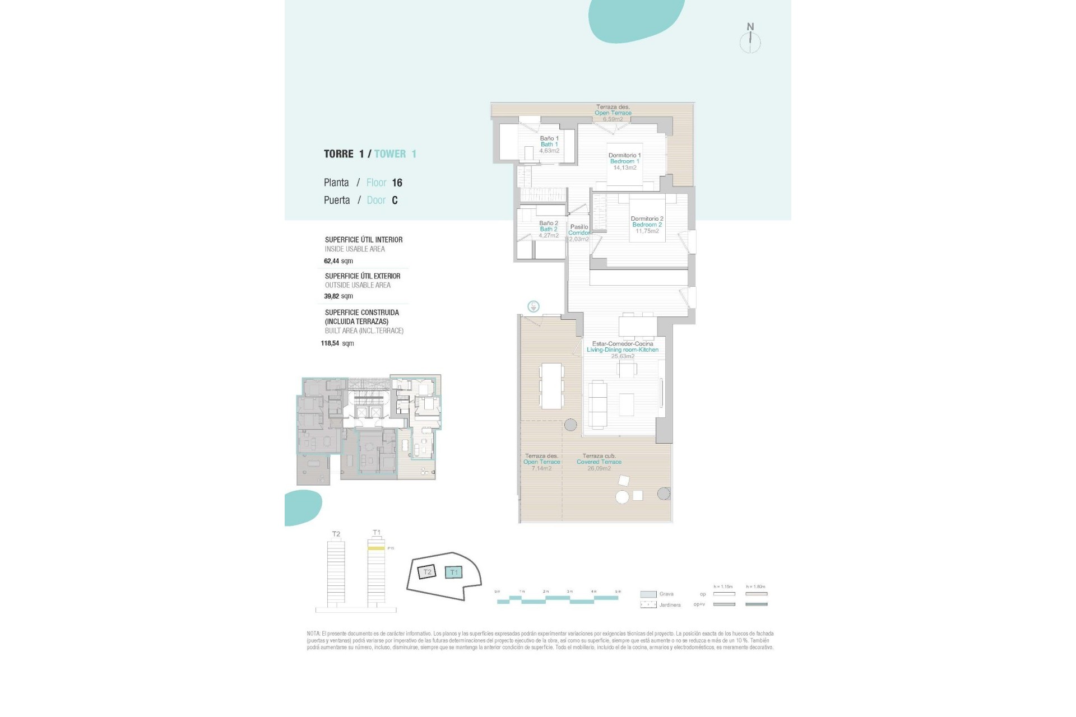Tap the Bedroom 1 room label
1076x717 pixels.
624,161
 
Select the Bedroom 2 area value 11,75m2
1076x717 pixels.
647,231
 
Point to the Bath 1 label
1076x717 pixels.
549,145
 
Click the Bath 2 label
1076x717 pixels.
548,229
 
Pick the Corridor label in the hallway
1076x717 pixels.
579,233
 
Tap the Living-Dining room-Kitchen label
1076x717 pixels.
622,350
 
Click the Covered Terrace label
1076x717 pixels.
599,462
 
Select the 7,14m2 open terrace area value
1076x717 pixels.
541,468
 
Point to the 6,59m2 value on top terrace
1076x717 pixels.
613,119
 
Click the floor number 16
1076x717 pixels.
397,183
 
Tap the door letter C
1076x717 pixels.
395,201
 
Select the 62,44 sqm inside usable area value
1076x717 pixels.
338,261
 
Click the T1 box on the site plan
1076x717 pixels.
454,572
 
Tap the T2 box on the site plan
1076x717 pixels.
427,572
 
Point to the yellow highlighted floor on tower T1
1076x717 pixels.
376,548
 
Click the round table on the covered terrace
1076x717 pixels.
622,496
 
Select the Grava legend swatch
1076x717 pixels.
648,594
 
